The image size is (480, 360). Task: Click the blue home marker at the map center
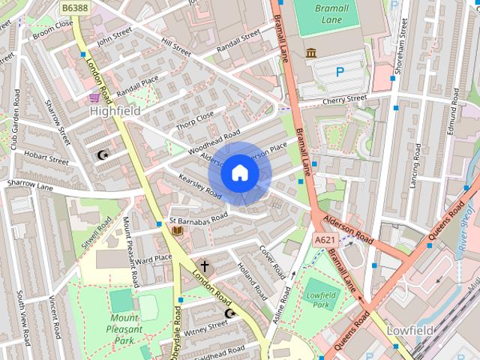[239, 173]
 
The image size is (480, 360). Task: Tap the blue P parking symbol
[340, 72]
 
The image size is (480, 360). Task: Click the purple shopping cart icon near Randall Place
[94, 97]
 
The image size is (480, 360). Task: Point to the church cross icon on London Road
[205, 265]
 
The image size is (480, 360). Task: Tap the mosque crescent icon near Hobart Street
[103, 155]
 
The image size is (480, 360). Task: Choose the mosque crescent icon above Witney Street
[230, 312]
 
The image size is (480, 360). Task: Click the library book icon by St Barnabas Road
[177, 230]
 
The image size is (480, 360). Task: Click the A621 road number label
[324, 239]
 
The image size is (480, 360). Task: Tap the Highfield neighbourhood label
[115, 110]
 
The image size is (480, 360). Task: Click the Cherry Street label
[344, 100]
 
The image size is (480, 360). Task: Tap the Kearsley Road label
[200, 186]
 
